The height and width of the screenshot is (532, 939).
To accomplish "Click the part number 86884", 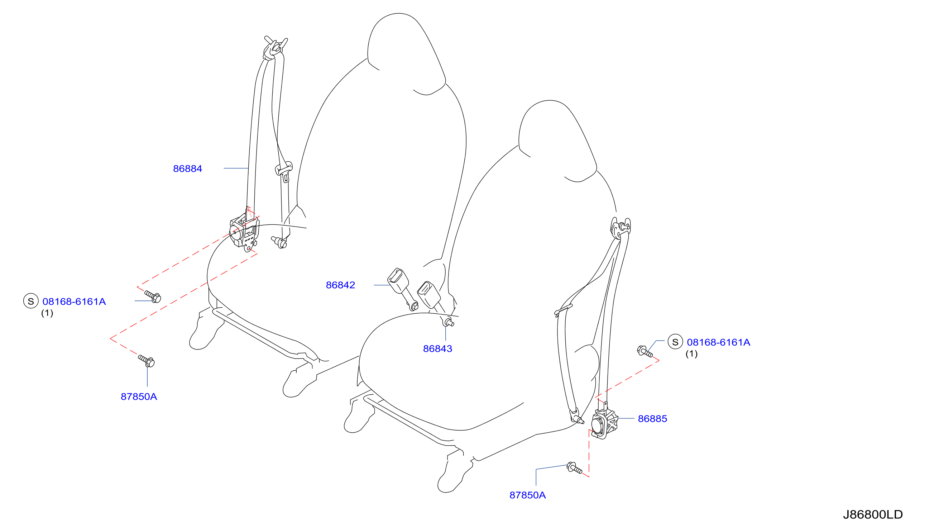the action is pyautogui.click(x=187, y=168).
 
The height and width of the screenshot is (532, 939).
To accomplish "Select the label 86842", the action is pyautogui.click(x=340, y=285).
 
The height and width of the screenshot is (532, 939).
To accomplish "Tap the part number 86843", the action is pyautogui.click(x=437, y=348).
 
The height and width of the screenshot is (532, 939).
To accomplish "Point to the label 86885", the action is pyautogui.click(x=652, y=419).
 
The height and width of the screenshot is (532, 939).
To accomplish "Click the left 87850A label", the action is pyautogui.click(x=139, y=396).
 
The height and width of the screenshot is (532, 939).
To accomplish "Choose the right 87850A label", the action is pyautogui.click(x=528, y=495).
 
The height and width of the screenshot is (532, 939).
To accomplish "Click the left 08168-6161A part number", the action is pyautogui.click(x=74, y=301).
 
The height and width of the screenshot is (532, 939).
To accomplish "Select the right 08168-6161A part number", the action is pyautogui.click(x=718, y=342).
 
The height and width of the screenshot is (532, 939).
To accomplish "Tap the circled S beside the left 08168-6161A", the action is pyautogui.click(x=31, y=301).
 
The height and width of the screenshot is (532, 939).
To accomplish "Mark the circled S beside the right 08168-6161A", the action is pyautogui.click(x=675, y=342).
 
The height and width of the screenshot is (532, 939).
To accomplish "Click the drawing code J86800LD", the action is pyautogui.click(x=873, y=514).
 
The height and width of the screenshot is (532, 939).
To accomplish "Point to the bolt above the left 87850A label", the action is pyautogui.click(x=147, y=361).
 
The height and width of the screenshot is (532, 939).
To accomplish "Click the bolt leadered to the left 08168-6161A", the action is pyautogui.click(x=153, y=296).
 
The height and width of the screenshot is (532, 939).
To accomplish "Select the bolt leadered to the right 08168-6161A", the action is pyautogui.click(x=645, y=351).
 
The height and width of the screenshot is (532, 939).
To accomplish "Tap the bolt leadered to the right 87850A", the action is pyautogui.click(x=574, y=468).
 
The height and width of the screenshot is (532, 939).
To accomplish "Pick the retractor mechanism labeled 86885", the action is pyautogui.click(x=604, y=423).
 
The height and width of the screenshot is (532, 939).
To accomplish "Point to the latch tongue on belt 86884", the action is pyautogui.click(x=284, y=170).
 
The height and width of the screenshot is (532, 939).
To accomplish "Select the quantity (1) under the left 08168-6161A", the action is pyautogui.click(x=47, y=313).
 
